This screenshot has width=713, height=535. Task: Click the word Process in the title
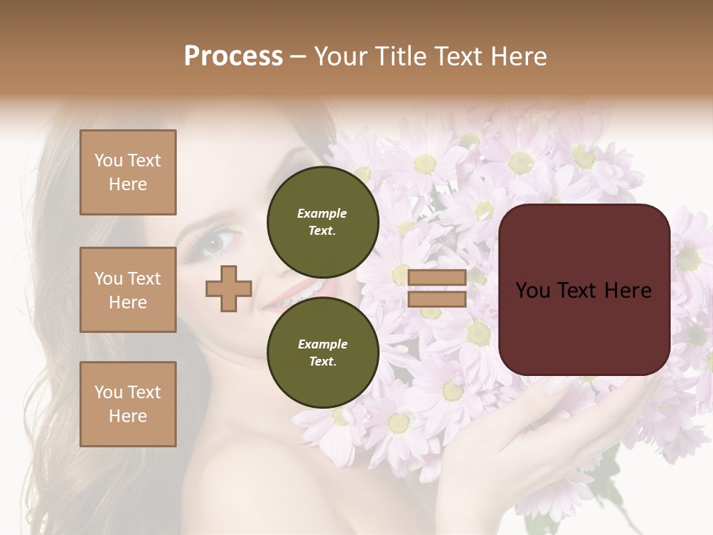pos(233,56)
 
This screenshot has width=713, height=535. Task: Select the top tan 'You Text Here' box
pos(128,172)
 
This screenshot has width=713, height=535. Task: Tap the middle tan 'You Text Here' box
pos(128,290)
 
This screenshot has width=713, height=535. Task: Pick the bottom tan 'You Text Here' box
pos(128,404)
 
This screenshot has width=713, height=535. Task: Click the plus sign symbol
pos(229,288)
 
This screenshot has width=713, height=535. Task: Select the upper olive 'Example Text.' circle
pos(322,221)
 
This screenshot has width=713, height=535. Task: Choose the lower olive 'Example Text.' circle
pos(322,352)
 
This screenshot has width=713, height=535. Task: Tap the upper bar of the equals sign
pos(437,278)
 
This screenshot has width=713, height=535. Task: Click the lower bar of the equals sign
pos(437,299)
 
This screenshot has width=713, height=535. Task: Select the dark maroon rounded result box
pos(584,289)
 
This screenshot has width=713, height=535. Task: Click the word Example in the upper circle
pos(322,213)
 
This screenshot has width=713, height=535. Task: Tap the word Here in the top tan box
pos(128,184)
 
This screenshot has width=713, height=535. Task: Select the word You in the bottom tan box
pos(108,392)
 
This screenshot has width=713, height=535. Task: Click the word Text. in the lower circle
pos(322,361)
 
